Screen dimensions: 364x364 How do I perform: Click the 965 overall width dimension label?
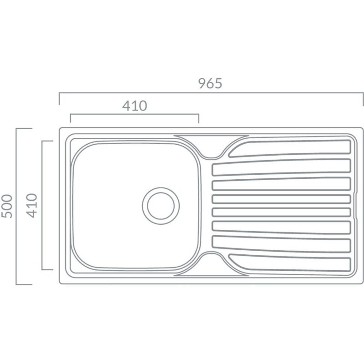click(210, 84)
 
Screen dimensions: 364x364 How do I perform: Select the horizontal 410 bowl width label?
click(135, 106)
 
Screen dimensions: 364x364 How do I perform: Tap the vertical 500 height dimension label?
click(7, 206)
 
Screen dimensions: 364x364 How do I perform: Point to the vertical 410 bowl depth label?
click(31, 206)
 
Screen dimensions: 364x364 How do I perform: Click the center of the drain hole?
click(161, 206)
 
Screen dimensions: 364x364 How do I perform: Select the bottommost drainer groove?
click(290, 263)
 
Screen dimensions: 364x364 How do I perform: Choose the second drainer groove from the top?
click(281, 167)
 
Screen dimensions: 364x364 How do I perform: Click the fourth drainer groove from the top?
click(281, 199)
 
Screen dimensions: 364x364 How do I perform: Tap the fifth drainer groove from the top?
click(281, 212)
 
